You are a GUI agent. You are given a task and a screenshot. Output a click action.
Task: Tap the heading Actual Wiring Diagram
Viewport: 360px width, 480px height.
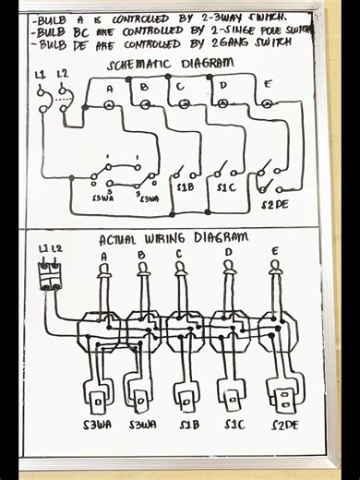pos(174,239)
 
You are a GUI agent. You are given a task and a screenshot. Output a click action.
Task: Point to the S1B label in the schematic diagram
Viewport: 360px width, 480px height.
pos(186,188)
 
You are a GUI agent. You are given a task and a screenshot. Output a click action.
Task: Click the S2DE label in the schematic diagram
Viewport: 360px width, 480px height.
pos(274,203)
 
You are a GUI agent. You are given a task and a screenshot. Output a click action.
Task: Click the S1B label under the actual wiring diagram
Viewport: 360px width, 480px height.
pos(188,426)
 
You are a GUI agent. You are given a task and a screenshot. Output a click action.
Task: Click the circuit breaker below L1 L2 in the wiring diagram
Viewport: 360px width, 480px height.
pos(50,275)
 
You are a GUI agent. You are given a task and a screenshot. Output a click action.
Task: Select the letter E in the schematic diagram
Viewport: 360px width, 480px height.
pos(268,85)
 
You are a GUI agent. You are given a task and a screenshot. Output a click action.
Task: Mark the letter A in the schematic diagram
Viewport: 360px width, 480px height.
pos(110,88)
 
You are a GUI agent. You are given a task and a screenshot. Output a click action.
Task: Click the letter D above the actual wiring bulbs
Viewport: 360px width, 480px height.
pos(227,252)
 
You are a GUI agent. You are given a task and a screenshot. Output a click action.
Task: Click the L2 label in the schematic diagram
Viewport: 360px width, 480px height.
pos(61,73)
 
